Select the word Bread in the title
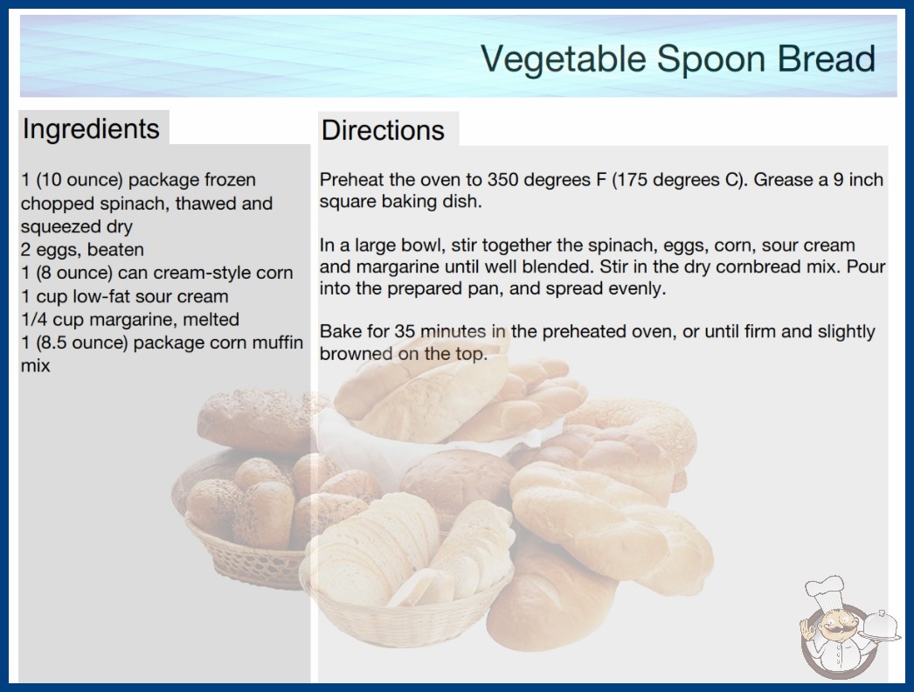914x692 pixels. [826, 59]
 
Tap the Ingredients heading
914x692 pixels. [91, 128]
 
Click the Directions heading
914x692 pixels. [383, 130]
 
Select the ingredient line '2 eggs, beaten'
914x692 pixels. [82, 250]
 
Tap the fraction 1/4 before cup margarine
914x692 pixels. [34, 320]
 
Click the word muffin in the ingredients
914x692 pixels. [278, 343]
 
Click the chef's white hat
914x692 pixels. [825, 592]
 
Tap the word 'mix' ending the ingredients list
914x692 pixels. [36, 366]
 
